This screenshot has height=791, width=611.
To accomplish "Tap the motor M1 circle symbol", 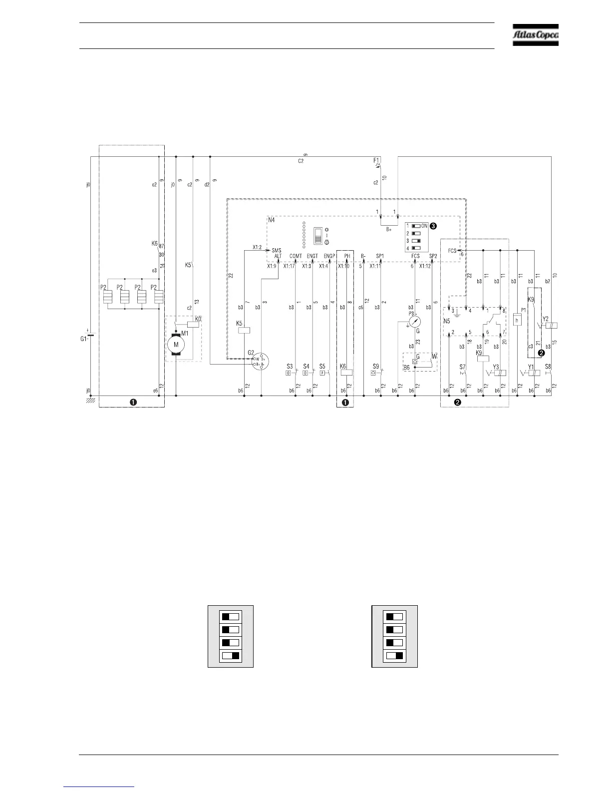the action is (176, 344).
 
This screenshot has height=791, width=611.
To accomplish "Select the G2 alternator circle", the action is (259, 361).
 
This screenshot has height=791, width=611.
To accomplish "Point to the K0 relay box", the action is (193, 324).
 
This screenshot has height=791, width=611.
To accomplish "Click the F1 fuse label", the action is (376, 160).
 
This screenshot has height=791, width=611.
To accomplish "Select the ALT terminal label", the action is (278, 256).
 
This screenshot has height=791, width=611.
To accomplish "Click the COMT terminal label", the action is (296, 256).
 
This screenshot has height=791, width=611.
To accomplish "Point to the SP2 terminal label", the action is (432, 256).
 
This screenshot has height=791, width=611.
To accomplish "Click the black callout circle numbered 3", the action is (433, 226).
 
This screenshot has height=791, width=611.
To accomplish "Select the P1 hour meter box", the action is (517, 320).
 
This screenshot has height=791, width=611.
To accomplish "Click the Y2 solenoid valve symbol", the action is (552, 325).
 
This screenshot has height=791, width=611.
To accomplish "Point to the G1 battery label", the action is (83, 339).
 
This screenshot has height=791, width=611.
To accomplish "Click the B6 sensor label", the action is (406, 367).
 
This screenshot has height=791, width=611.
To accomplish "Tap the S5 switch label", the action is (322, 367).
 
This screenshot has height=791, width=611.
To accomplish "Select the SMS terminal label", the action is (277, 250).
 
